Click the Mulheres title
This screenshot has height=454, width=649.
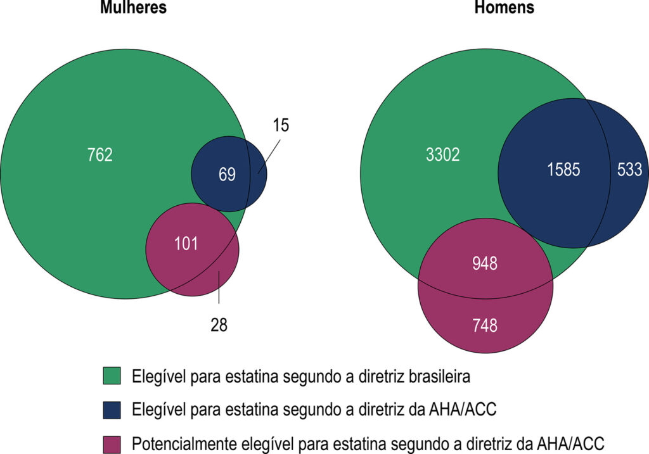pos(133,7)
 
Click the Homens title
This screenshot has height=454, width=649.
pos(504,7)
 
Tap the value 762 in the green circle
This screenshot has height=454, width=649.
pos(100,154)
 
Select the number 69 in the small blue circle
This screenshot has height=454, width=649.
pos(228,174)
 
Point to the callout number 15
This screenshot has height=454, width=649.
pos(281,125)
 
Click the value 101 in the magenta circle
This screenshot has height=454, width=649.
pos(186,244)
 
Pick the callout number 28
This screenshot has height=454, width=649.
pos(219,325)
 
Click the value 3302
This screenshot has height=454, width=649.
pos(442,154)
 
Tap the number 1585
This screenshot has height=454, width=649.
pos(563,170)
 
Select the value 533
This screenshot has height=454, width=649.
pos(629,170)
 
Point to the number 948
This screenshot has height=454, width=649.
pos(485,263)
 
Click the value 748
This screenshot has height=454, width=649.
pos(485,325)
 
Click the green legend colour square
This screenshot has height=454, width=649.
pos(112,376)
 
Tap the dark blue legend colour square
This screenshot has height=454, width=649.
pos(112,410)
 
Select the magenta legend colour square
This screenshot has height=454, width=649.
pos(112,445)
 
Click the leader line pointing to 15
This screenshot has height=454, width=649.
pos(269,156)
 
